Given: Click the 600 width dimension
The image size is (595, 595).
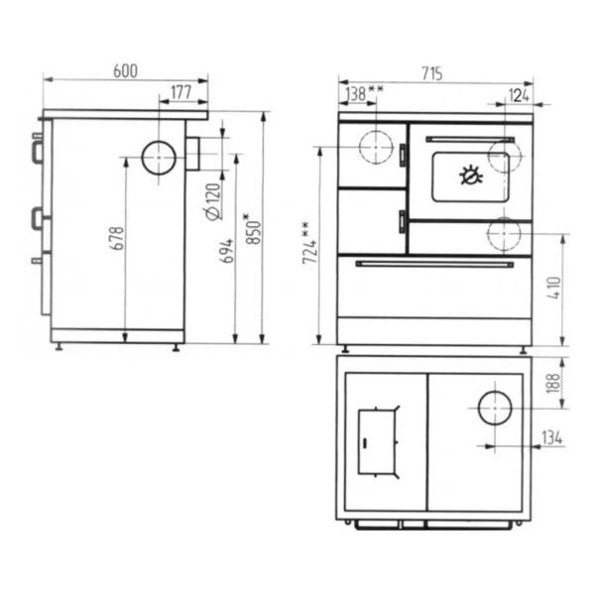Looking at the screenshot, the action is coord(125,71).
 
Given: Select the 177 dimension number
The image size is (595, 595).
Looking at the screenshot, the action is coord(181,92).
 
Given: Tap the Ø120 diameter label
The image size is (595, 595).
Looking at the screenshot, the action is coord(213,201).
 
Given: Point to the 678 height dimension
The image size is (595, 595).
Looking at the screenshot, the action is coord(117,238).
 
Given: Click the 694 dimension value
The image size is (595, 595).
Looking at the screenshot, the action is coord(226,251).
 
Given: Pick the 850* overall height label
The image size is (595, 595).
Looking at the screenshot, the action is coord(253,229).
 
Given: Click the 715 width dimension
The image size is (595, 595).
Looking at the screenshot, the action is coord(431,73).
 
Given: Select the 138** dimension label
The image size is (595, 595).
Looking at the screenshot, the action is coord(365,94).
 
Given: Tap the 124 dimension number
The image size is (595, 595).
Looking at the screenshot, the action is coord(519,96).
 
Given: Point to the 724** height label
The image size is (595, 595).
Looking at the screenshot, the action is coord(310,243).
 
